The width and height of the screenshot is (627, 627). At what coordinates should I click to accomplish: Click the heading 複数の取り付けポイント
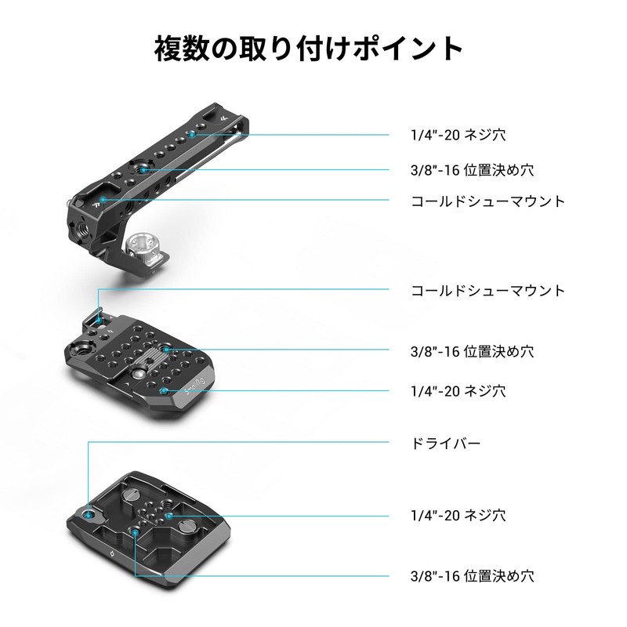309,49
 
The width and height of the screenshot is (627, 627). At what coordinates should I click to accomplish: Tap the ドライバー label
445,444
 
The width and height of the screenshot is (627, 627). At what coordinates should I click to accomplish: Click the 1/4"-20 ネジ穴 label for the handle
458,135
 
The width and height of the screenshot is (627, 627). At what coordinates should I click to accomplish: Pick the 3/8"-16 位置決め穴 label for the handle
473,169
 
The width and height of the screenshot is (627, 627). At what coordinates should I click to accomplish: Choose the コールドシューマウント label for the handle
487,201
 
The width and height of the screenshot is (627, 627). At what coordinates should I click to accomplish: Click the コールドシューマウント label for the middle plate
487,291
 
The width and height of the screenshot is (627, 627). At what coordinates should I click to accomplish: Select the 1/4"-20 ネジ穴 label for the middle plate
458,390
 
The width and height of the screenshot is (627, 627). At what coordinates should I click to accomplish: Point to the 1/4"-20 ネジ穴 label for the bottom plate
458,516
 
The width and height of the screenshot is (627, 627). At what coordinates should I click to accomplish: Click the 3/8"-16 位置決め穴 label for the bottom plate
473,575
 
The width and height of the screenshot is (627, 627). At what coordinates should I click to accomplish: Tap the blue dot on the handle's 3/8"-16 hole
147,169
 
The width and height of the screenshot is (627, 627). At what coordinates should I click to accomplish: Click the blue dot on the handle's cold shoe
103,201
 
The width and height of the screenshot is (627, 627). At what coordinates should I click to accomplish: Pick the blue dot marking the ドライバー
89,515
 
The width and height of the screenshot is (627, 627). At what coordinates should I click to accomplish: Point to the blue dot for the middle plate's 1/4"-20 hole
162,390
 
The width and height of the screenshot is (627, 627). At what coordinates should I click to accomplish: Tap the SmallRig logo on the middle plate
194,390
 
